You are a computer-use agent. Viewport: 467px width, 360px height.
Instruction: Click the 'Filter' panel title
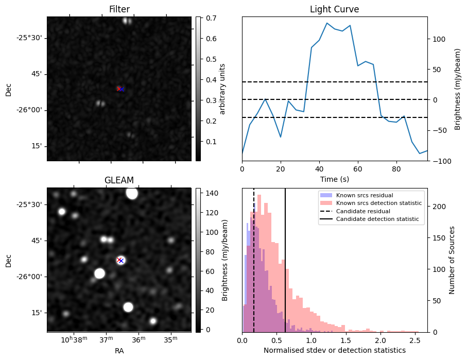[119, 9]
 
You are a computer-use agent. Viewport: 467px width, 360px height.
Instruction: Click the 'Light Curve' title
[334, 9]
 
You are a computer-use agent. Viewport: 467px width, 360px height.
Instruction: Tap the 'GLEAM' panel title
[119, 180]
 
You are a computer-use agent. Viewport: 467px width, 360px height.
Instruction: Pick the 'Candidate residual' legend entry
[363, 212]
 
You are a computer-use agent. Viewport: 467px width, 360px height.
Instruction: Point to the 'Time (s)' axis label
[334, 179]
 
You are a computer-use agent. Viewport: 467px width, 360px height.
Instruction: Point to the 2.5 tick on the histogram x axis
[415, 340]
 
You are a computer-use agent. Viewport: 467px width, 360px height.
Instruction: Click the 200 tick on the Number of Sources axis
[435, 207]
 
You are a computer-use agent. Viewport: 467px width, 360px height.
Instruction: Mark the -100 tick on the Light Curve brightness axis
[438, 161]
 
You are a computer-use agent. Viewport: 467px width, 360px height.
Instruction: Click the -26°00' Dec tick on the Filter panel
[31, 110]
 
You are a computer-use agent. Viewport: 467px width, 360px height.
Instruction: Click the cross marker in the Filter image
[120, 89]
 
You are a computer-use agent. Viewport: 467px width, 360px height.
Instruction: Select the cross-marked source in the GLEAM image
[120, 260]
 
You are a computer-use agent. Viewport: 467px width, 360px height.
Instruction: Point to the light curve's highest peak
[327, 23]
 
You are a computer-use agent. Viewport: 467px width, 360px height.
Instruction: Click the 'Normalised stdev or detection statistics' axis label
[334, 350]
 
